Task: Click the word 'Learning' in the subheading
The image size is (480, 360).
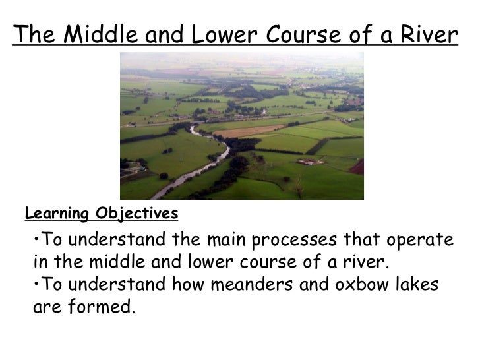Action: [57, 214]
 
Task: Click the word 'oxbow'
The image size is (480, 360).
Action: [373, 284]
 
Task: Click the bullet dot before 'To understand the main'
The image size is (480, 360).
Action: [35, 239]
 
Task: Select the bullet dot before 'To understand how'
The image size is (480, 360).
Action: [35, 284]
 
